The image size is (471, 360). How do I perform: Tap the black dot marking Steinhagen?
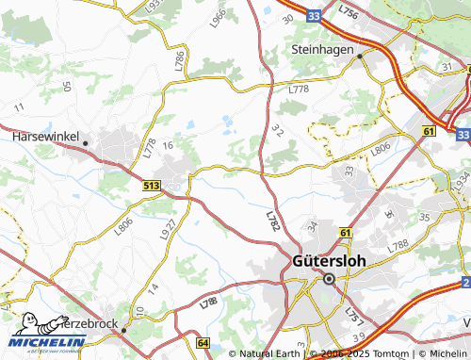click(x=360, y=57)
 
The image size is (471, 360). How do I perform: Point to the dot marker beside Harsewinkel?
click(x=85, y=143)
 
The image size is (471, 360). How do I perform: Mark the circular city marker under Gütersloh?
click(x=329, y=279)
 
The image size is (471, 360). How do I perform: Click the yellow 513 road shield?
click(x=152, y=188)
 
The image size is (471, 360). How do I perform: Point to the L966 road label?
click(x=219, y=18)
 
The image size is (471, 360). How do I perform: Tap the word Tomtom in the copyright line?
click(x=387, y=353)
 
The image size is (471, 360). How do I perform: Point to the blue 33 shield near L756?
click(x=314, y=15)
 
